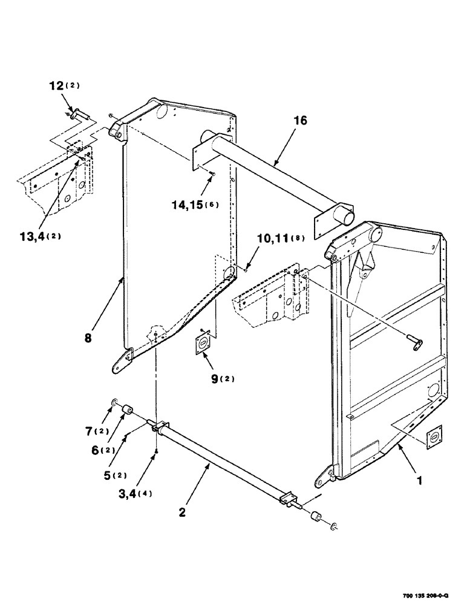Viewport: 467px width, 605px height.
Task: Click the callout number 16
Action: click(x=300, y=121)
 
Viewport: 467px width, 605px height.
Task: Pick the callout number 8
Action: click(x=88, y=339)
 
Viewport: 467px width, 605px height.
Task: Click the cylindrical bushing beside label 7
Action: click(x=128, y=413)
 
